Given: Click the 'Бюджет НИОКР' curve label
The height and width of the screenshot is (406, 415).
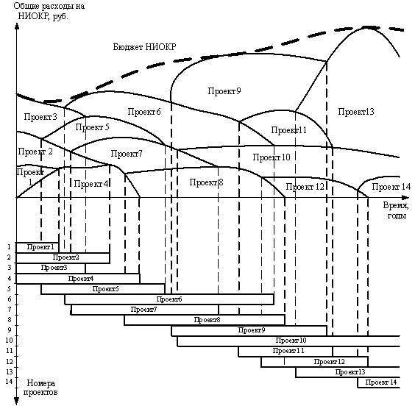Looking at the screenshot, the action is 144,47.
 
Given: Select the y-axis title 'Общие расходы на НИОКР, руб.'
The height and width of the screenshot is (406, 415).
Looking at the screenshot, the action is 49,11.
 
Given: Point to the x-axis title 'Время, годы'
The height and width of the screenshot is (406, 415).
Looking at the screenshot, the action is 396,210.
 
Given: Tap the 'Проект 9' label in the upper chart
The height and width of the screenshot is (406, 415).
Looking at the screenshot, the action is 224,91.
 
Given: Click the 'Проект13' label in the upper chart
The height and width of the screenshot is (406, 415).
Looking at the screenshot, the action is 356,112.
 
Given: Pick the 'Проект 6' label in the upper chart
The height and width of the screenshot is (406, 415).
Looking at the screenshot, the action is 144,112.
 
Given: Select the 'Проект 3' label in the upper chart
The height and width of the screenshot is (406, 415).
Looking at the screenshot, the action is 40,117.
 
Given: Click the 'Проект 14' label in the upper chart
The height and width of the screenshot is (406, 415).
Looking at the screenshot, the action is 391,187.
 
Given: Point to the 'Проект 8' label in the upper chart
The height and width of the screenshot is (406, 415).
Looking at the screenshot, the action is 206,182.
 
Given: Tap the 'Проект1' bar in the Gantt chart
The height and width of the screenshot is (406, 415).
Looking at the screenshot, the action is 38,247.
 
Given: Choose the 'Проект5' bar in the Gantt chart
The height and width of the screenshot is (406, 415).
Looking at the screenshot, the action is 103,289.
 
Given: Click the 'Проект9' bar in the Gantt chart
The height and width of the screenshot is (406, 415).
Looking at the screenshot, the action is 249,331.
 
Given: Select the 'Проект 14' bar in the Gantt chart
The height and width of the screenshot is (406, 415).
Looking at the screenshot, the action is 379,382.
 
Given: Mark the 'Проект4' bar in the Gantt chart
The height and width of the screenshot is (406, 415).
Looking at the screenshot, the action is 78,279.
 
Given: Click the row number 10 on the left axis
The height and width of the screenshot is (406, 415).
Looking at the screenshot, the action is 9,340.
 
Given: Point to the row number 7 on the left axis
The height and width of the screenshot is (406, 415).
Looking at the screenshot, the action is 10,309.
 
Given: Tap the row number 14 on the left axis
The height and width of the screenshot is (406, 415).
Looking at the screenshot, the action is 9,382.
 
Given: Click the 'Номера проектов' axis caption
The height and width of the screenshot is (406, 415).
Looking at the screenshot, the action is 40,387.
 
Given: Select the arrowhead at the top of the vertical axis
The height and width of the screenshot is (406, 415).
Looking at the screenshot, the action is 17,26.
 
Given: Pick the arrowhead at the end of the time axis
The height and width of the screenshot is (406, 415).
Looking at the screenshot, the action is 405,198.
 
